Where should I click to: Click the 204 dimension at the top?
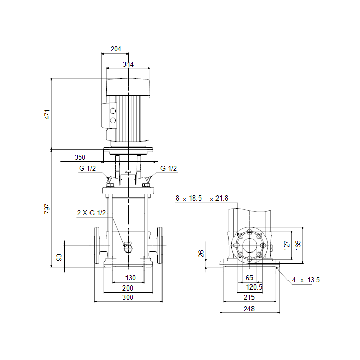click(116, 49)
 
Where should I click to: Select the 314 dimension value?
click(128, 64)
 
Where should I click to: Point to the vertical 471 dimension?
click(47, 114)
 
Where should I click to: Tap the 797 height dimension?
click(47, 209)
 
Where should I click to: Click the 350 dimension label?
click(80, 157)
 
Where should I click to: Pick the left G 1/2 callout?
click(87, 168)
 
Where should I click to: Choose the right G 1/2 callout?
click(169, 168)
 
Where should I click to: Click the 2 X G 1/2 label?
click(92, 213)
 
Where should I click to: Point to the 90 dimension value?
click(59, 257)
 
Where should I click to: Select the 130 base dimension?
click(131, 278)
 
